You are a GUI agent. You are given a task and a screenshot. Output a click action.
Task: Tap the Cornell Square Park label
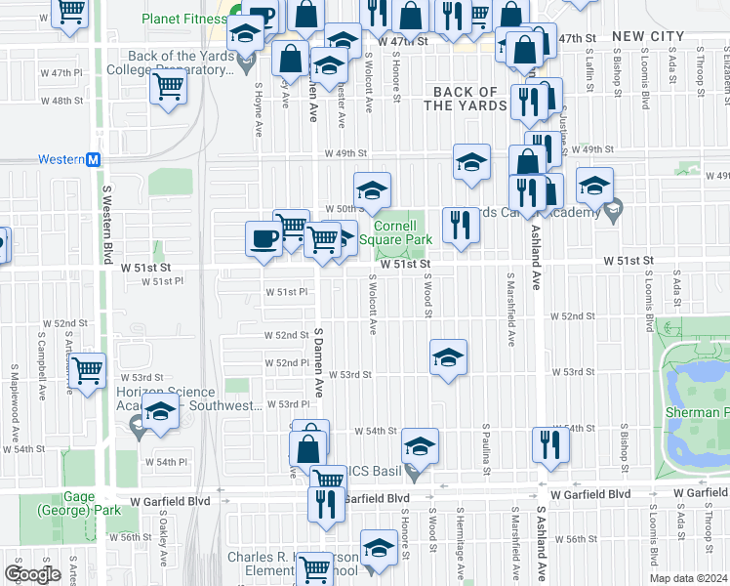[395, 231]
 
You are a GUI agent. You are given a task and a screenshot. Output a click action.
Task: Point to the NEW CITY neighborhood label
[648, 36]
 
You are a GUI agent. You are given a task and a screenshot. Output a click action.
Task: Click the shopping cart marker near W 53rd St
[88, 370]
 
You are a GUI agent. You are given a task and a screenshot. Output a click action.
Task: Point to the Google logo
[32, 574]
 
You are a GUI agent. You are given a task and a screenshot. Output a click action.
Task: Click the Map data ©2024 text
[688, 578]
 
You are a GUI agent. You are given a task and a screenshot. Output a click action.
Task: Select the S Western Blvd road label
[105, 221]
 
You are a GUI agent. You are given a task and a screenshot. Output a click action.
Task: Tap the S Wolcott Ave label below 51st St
[373, 303]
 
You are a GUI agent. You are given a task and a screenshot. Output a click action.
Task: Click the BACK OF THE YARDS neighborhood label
[466, 99]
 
